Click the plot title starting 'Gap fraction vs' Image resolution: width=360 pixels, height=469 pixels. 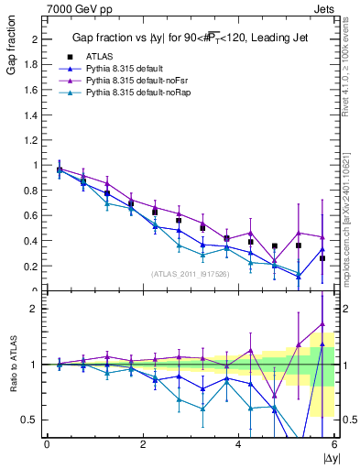tap(190, 38)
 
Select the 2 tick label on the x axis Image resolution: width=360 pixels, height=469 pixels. tap(143, 444)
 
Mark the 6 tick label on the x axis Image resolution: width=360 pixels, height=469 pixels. tap(334, 444)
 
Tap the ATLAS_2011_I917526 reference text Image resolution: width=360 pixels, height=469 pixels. tap(191, 274)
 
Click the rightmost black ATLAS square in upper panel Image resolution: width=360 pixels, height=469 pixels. tap(322, 258)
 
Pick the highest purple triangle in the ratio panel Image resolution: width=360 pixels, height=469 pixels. tap(322, 323)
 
